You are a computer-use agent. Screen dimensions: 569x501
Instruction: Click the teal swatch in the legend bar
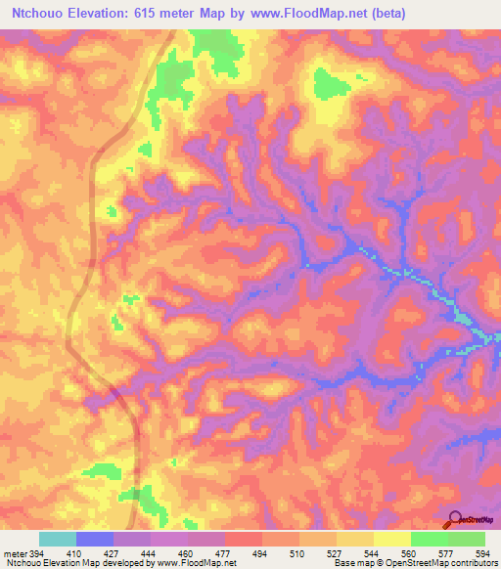click(x=58, y=539)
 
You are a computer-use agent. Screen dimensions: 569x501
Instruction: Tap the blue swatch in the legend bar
click(x=95, y=539)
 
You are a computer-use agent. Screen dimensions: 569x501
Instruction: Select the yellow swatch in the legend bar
click(x=391, y=539)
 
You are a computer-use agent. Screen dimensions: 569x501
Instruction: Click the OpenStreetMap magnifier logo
click(x=456, y=520)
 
